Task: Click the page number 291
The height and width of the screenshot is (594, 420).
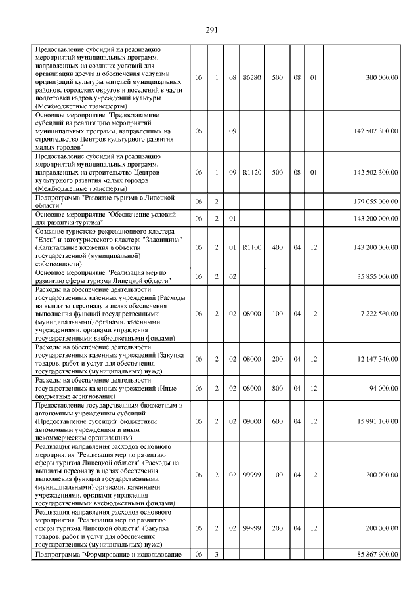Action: click(211, 30)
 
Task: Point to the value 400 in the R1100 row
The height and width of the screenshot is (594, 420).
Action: click(278, 247)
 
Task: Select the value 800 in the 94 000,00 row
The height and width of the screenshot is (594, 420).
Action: click(278, 388)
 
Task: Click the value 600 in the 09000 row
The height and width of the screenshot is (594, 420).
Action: click(278, 421)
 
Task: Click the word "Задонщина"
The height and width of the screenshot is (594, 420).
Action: click(161, 240)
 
